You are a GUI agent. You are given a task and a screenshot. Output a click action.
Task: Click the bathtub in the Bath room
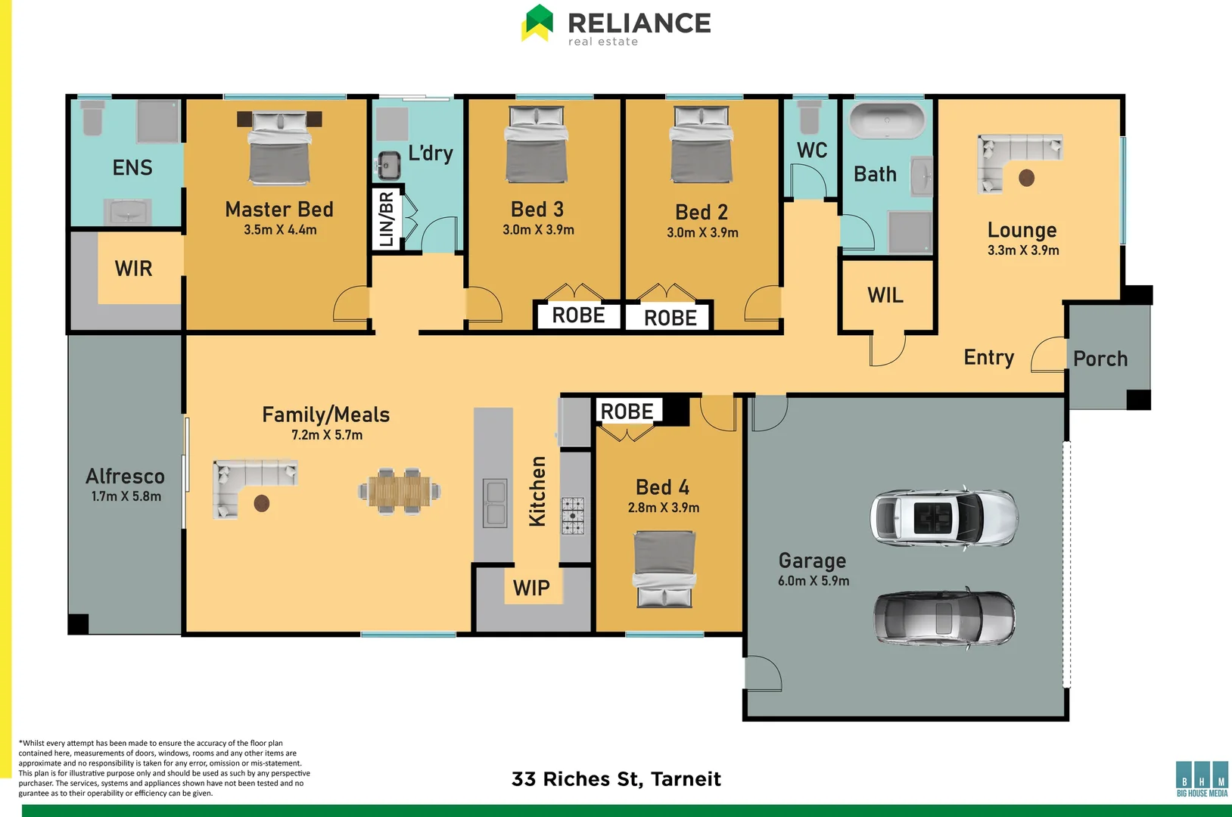887,120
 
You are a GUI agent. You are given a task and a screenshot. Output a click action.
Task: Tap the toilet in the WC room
809,116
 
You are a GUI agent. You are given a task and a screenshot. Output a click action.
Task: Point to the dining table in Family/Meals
399,491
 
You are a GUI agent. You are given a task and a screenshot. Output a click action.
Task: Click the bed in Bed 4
664,569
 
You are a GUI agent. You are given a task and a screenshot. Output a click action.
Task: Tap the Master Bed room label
279,210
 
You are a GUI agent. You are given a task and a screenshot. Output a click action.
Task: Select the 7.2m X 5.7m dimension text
327,435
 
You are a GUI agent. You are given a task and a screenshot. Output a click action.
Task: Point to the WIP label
531,588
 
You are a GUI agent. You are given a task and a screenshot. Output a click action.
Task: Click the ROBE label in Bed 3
578,315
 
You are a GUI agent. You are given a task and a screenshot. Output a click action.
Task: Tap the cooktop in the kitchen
572,516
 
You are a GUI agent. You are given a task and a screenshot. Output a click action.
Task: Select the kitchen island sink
495,502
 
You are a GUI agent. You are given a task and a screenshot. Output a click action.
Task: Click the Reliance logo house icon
538,23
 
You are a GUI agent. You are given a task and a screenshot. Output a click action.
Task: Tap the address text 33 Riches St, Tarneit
616,778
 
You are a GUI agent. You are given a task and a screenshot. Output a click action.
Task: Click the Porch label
1100,359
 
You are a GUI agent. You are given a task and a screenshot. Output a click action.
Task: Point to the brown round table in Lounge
1026,178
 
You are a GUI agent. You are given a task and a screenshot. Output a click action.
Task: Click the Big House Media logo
1202,779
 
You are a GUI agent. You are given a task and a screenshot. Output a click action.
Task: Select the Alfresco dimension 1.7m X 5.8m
126,496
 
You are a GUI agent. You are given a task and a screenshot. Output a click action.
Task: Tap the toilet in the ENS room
92,120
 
